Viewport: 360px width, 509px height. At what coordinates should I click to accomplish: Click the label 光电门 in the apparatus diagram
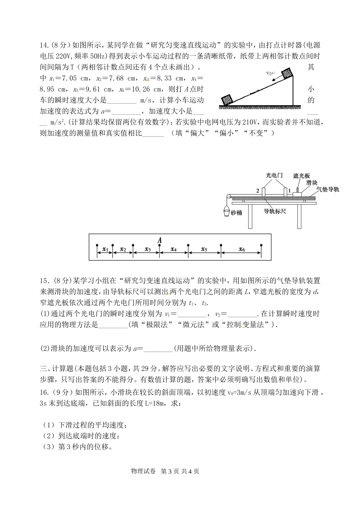[274, 175]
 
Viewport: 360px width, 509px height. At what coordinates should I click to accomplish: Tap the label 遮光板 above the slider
[302, 176]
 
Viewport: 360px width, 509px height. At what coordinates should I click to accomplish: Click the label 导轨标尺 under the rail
[275, 211]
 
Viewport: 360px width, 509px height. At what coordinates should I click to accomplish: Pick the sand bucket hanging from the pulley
[225, 211]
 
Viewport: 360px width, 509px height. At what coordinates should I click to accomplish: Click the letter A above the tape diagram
[160, 240]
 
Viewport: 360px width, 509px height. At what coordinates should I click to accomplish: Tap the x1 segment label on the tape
[105, 249]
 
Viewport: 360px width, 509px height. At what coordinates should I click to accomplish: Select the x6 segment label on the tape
[241, 249]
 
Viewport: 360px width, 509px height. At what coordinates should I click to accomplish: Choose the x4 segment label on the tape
[174, 249]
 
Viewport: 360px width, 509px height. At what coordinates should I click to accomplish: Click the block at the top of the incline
[287, 73]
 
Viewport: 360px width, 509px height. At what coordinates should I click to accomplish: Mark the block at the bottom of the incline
[227, 100]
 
